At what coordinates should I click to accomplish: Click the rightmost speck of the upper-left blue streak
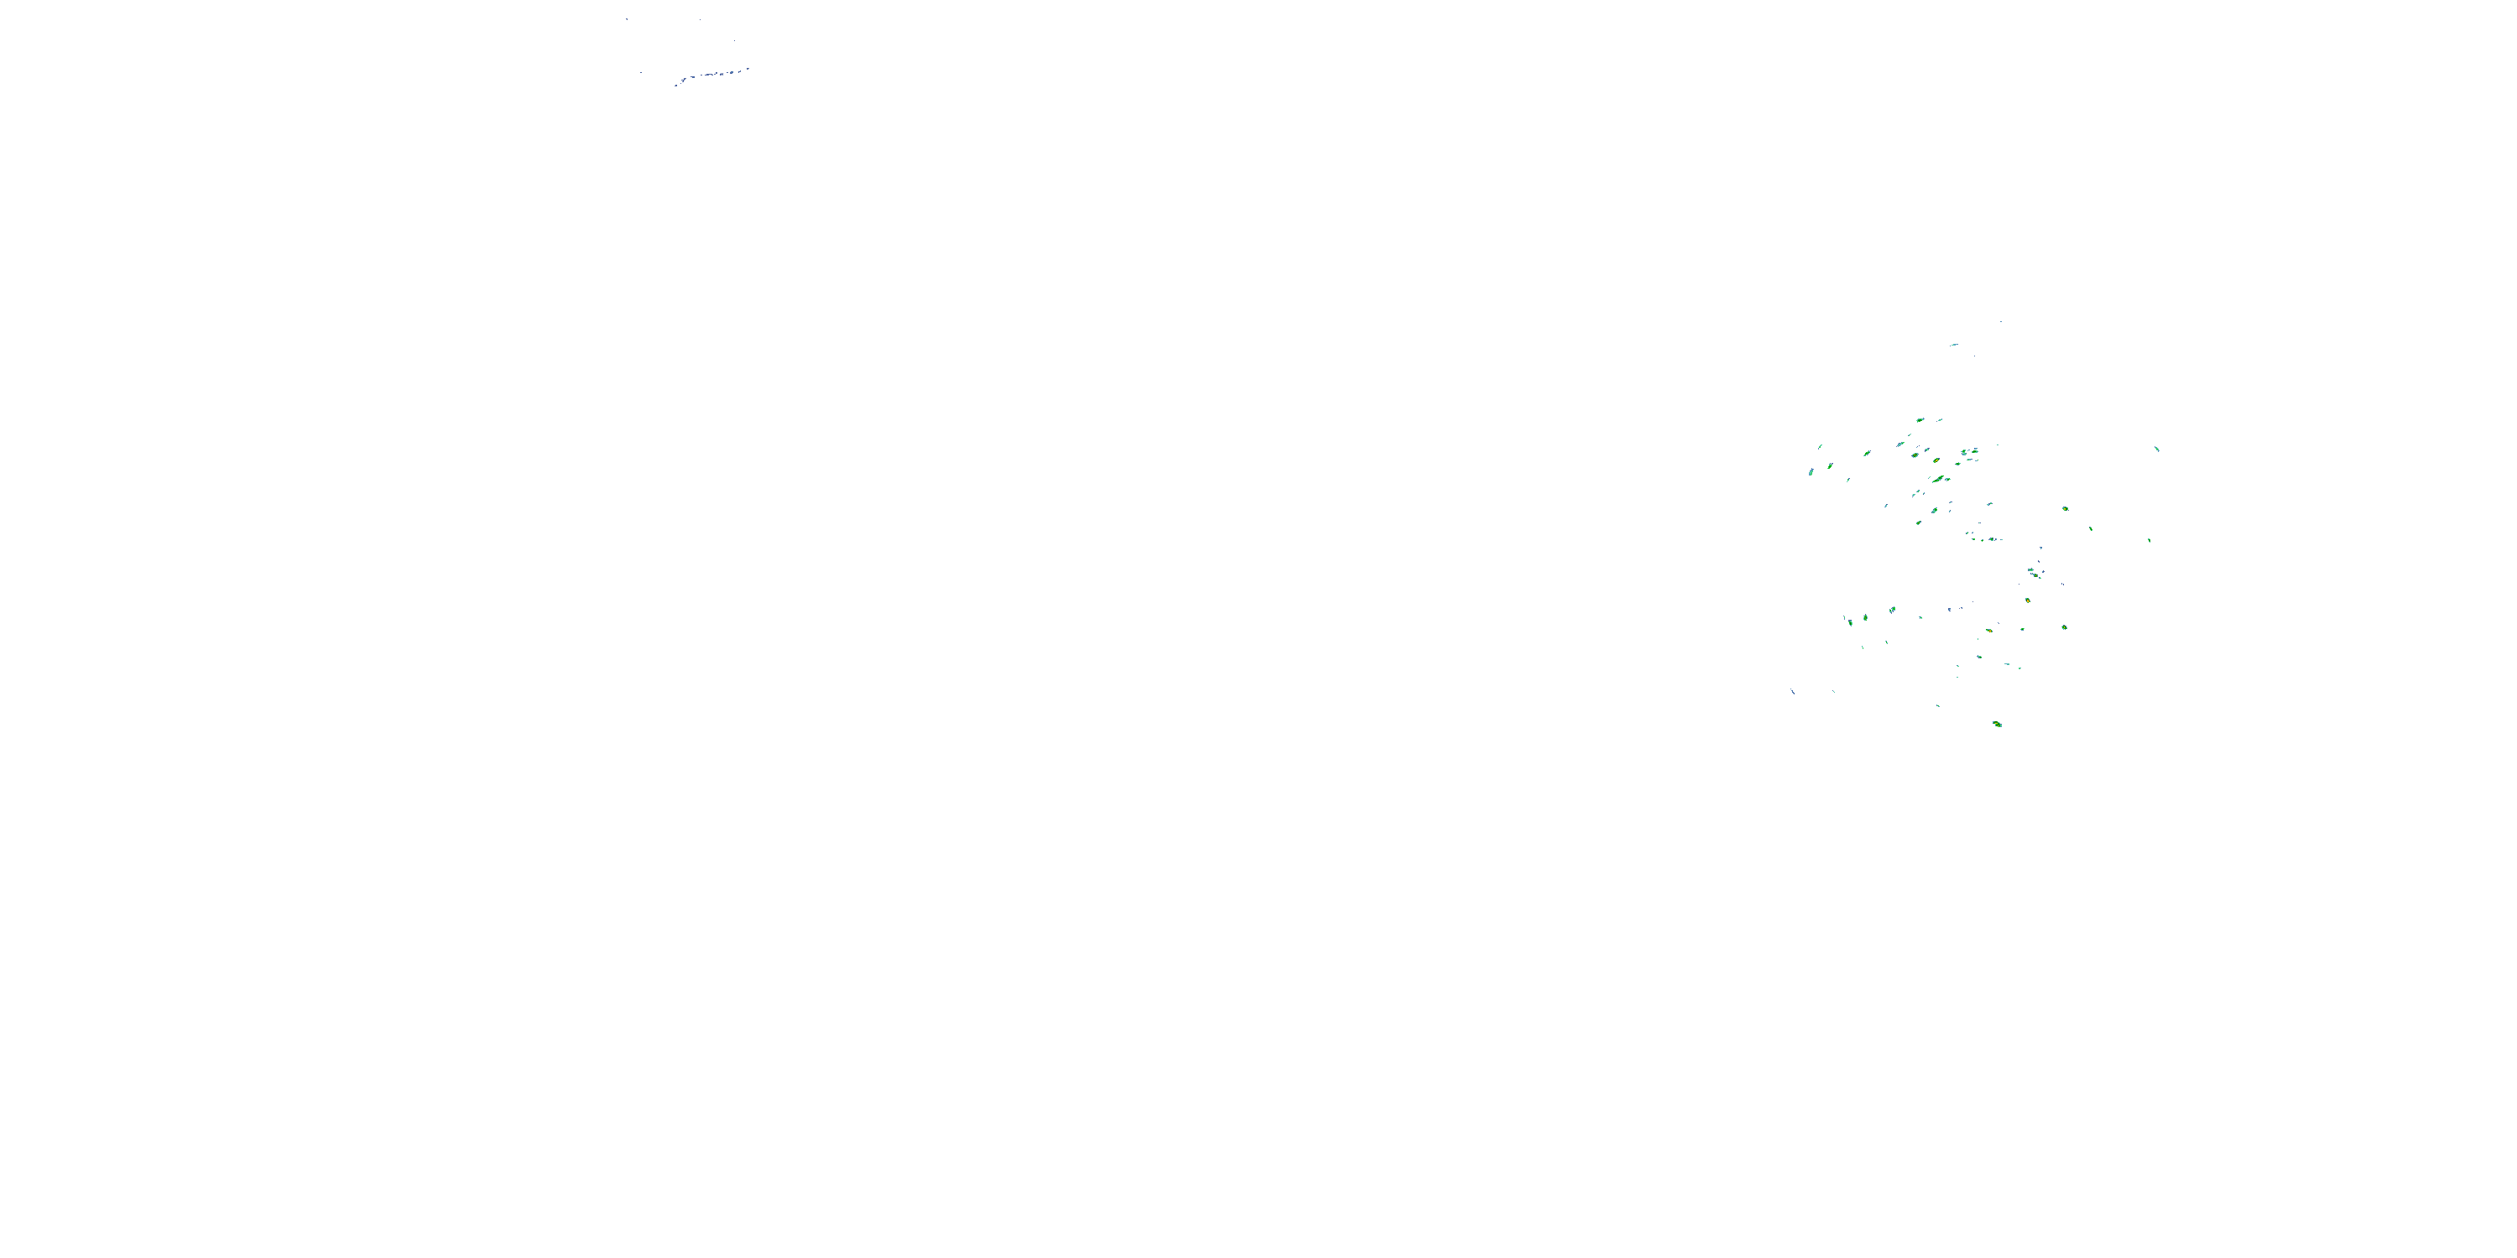[748, 69]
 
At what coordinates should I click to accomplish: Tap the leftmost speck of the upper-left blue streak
[675, 85]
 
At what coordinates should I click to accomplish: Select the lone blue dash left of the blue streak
[641, 72]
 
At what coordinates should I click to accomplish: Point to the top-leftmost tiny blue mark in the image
[628, 19]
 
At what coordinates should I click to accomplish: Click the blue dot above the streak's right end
[734, 41]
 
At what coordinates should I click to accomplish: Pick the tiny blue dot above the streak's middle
[700, 19]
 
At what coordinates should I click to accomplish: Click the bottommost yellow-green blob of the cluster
[1996, 724]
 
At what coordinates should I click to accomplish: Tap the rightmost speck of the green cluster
[2156, 450]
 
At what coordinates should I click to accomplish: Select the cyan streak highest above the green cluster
[1954, 345]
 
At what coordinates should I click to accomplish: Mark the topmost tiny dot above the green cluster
[2001, 321]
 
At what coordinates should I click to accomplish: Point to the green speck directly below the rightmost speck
[2149, 540]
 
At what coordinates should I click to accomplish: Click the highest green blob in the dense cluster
[1920, 420]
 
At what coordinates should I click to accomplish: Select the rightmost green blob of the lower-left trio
[1892, 611]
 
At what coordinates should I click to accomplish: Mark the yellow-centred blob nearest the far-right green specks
[2065, 509]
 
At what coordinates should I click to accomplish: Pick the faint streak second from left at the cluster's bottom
[1833, 692]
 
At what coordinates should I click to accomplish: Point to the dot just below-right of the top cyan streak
[1973, 355]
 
